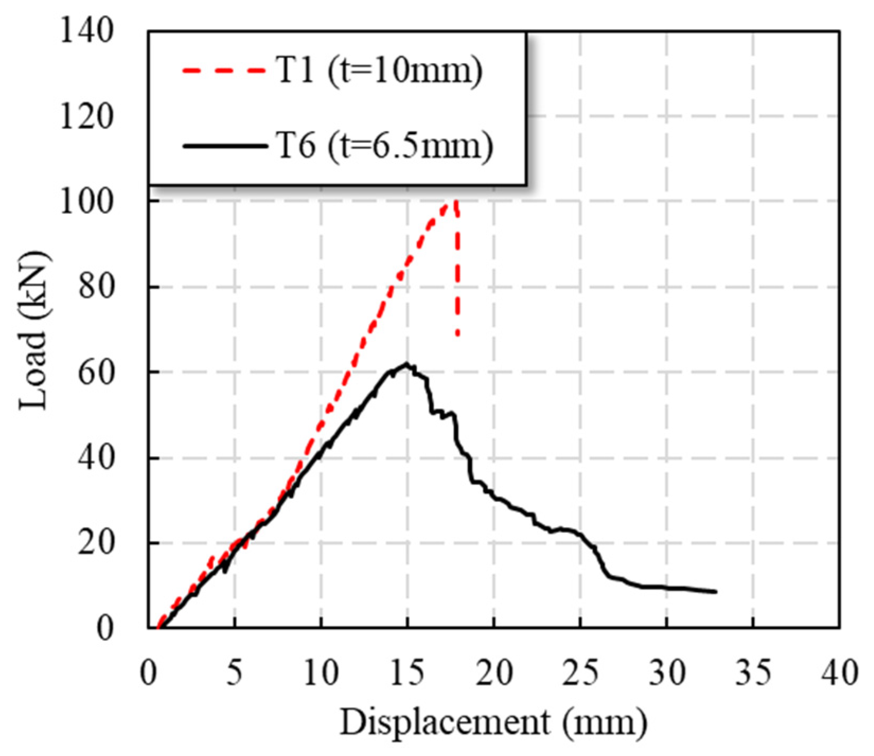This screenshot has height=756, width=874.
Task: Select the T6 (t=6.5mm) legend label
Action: [385, 145]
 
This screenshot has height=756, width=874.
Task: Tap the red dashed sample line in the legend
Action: [224, 70]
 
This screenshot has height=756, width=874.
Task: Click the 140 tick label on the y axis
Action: [87, 31]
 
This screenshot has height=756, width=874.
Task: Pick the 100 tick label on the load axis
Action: [87, 202]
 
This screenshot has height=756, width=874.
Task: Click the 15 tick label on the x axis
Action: [407, 673]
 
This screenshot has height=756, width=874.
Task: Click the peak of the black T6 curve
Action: [406, 363]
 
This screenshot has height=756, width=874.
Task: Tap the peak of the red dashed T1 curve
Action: [454, 201]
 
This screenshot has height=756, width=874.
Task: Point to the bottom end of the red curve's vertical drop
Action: [458, 335]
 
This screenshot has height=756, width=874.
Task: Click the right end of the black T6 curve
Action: [716, 592]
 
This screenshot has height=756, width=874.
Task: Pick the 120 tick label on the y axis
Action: [87, 117]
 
